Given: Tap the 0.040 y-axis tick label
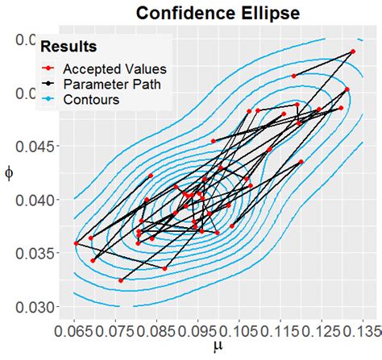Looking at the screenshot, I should pyautogui.click(x=39, y=200).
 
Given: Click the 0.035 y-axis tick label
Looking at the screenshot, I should pyautogui.click(x=39, y=253).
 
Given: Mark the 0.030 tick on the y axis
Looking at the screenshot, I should pyautogui.click(x=39, y=307).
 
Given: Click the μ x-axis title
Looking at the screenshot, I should pyautogui.click(x=217, y=348).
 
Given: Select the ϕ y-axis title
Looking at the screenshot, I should pyautogui.click(x=10, y=174).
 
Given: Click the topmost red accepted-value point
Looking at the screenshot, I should pyautogui.click(x=353, y=52).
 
